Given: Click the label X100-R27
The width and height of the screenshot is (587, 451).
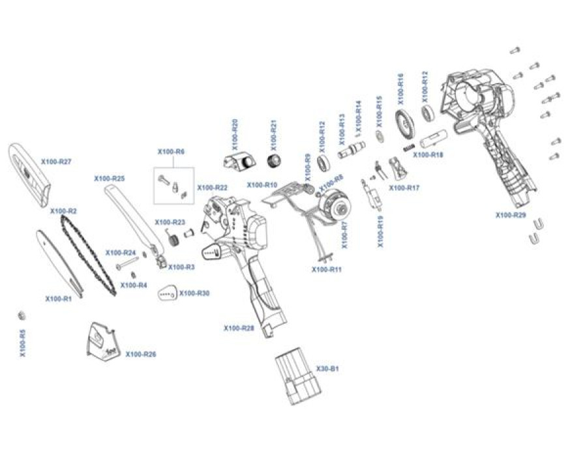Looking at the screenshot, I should coord(56,162).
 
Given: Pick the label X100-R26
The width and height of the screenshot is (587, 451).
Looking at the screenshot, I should coord(141,355).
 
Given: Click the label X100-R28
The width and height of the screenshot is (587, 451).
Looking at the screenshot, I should coord(239,328).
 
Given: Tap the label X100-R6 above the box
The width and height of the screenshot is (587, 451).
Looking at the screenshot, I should coord(171,152).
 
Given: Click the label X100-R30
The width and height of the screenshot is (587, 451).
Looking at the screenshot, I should coord(194,293).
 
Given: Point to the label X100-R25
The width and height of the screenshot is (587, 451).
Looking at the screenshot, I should coord(109,178).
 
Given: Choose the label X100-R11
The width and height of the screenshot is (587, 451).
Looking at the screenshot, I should coord(327,269).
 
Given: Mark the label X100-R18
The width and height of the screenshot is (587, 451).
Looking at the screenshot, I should coord(428,155).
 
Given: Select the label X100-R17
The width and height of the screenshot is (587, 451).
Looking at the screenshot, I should coord(404,188).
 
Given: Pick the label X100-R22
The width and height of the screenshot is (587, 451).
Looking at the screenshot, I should coord(212,188).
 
